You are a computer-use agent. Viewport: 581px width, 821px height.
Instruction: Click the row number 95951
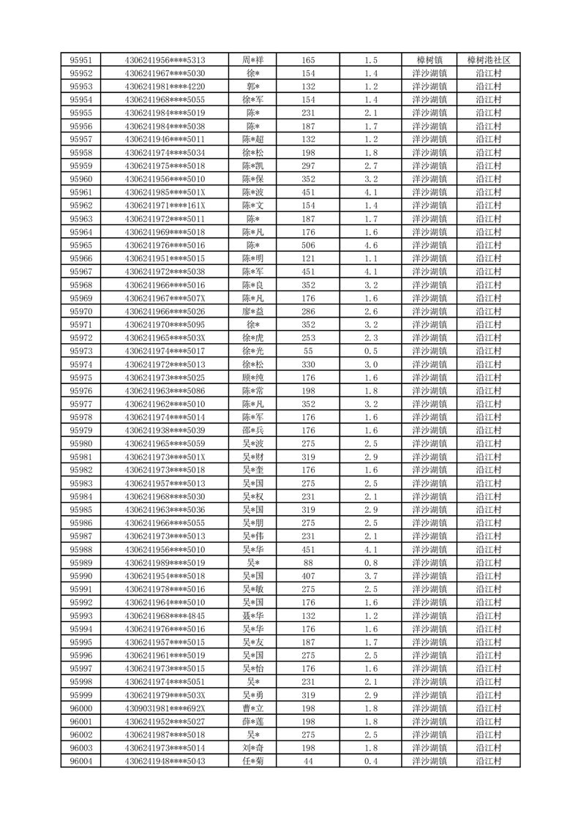click(80, 60)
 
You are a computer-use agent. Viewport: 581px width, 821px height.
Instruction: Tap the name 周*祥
click(253, 60)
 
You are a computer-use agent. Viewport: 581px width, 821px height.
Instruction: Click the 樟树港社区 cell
click(488, 60)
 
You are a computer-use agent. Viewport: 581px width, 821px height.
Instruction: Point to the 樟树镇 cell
click(429, 60)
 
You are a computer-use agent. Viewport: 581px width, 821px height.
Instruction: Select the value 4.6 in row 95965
click(370, 245)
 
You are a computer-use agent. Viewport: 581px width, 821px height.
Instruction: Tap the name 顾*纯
click(253, 378)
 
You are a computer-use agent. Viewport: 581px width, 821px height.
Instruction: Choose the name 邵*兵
click(253, 430)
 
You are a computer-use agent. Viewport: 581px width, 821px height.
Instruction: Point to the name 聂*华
click(253, 615)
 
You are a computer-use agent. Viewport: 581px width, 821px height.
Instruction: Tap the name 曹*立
click(253, 708)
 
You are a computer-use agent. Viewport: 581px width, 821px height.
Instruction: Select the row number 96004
click(80, 761)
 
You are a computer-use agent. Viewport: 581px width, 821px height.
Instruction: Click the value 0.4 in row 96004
click(370, 761)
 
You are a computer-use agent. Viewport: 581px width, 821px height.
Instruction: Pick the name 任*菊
click(253, 761)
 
